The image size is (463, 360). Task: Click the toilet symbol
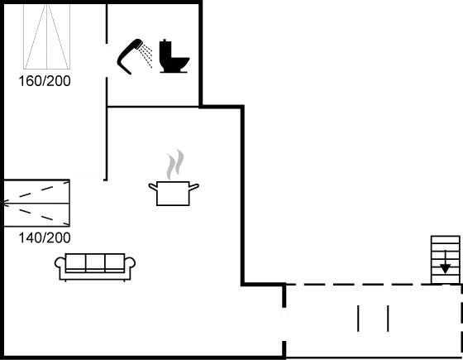tap(175, 55)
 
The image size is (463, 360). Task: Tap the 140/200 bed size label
tap(44, 238)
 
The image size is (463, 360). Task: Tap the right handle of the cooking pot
tap(196, 188)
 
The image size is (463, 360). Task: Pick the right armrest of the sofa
tap(130, 265)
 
